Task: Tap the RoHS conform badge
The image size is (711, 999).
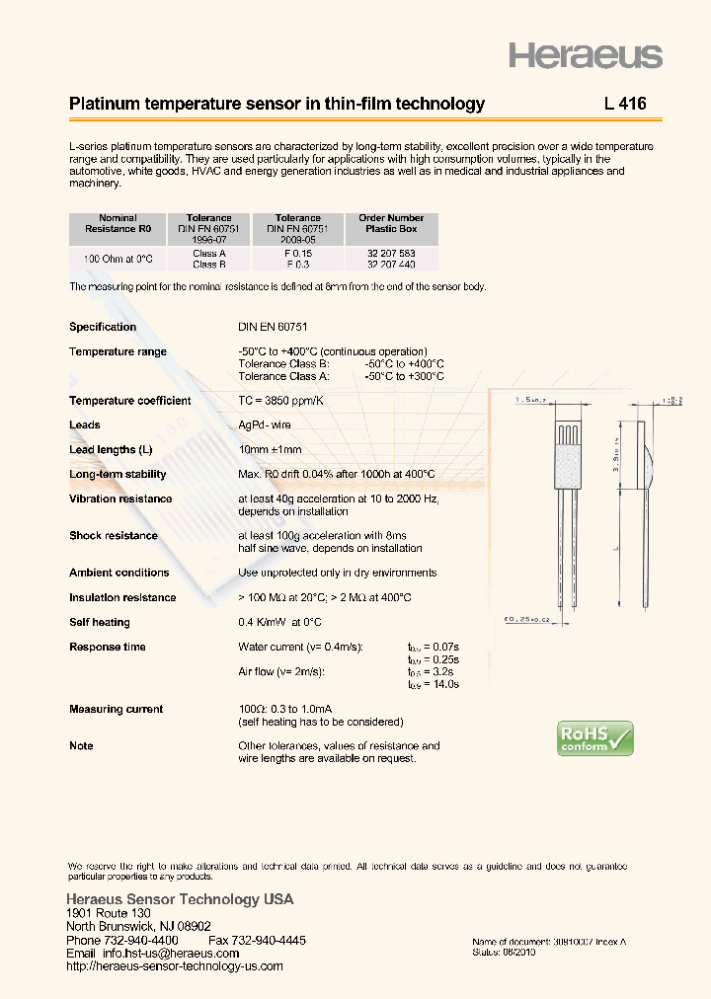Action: (594, 738)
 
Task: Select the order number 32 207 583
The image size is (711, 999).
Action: (391, 254)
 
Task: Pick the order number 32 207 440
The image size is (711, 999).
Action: (391, 265)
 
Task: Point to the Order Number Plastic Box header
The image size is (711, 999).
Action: (391, 223)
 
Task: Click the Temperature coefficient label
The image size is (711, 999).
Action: (129, 401)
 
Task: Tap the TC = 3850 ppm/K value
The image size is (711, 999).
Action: (280, 401)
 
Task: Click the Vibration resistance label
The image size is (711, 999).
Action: (119, 499)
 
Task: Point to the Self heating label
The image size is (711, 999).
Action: (99, 622)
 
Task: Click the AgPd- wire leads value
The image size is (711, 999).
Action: (265, 424)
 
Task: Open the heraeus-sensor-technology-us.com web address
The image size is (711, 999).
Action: (174, 966)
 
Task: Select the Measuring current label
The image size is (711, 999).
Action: (116, 709)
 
